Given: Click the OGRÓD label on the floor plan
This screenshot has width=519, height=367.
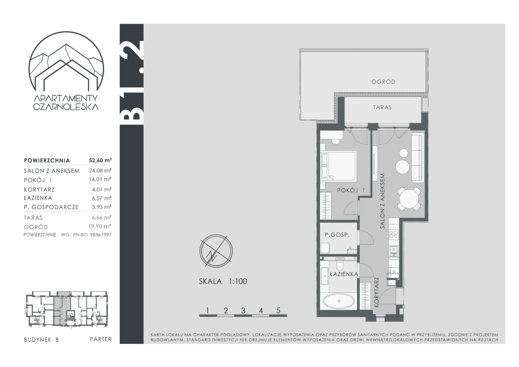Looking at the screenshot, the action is (383, 82).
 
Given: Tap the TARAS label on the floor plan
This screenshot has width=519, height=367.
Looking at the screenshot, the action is (382, 107).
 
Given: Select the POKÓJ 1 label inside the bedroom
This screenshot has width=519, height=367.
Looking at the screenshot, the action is (351, 190).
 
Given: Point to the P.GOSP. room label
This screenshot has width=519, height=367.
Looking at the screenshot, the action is (337, 234).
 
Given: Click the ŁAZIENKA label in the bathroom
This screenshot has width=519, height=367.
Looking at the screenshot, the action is (344, 274).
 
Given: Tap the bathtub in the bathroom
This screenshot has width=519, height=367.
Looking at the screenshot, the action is (339, 301).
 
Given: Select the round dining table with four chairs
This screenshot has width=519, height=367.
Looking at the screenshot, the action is (409, 199).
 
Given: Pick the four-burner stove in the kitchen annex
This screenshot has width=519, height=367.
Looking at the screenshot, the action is (393, 234).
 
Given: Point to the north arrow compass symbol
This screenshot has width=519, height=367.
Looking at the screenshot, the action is (216, 251).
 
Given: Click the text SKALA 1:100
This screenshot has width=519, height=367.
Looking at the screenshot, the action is (223, 281).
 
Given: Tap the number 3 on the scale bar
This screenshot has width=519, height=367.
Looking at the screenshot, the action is (243, 311).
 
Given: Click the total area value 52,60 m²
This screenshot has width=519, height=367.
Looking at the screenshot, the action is (100, 160).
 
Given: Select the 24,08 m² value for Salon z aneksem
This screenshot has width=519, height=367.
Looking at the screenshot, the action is (100, 171).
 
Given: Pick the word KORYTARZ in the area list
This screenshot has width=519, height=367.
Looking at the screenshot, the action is (39, 190).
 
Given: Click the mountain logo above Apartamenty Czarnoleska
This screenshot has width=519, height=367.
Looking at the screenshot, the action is (66, 62).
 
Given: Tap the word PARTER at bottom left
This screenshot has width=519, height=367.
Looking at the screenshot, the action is (101, 339).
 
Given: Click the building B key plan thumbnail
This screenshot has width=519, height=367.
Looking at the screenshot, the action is (66, 309).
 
